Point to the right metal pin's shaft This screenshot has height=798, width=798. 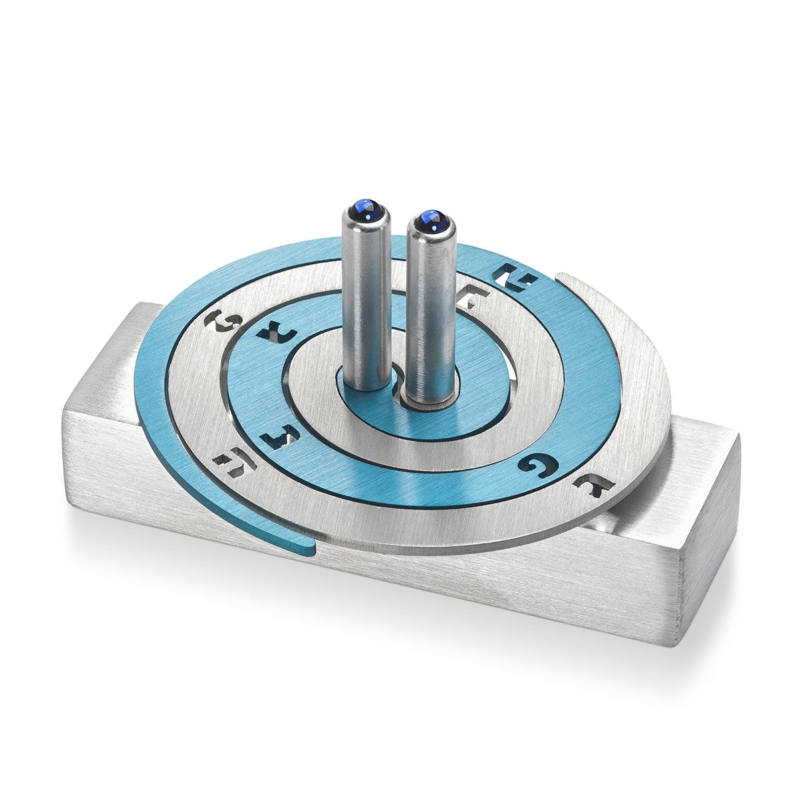[430, 313]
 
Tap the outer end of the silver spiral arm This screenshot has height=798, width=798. [564, 279]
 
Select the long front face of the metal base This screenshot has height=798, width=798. [372, 585]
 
